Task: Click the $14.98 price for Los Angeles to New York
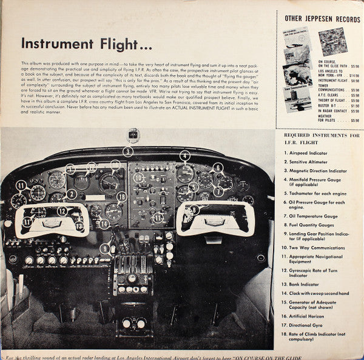pyautogui.click(x=353, y=75)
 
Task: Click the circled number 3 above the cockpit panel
pyautogui.click(x=128, y=152)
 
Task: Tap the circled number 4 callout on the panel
pyautogui.click(x=184, y=155)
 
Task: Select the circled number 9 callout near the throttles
pyautogui.click(x=106, y=248)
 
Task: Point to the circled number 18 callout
pyautogui.click(x=122, y=196)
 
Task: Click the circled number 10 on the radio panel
pyautogui.click(x=138, y=178)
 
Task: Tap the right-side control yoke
pyautogui.click(x=215, y=218)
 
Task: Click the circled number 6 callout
pyautogui.click(x=218, y=168)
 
